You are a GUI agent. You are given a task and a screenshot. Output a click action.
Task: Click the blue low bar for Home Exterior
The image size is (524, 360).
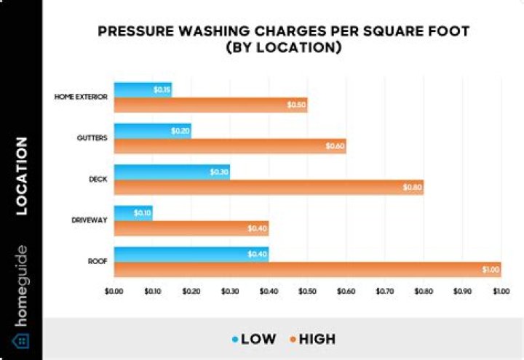point(142,89)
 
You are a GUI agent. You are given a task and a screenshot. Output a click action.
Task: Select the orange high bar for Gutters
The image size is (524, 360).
point(229,146)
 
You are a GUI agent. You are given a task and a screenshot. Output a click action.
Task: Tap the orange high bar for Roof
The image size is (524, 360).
point(306,270)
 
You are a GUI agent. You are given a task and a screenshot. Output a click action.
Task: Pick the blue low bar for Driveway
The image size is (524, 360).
point(132,214)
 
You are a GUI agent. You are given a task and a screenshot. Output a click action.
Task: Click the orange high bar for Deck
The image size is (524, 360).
point(268,188)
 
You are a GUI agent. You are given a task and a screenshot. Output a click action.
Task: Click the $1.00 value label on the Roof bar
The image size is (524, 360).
point(491,270)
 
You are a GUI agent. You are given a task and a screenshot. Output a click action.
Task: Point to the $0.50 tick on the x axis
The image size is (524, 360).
point(307,291)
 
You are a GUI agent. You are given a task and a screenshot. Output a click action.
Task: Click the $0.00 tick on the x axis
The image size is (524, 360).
point(114,291)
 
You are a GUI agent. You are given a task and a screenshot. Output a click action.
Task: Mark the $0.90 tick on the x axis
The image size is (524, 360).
point(462,291)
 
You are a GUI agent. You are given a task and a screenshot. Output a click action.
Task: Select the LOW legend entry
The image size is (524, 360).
point(255,339)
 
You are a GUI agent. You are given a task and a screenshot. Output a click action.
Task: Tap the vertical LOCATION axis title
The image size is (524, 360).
point(21,176)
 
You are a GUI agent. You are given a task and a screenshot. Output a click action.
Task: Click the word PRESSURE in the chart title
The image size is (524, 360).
point(141,32)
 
